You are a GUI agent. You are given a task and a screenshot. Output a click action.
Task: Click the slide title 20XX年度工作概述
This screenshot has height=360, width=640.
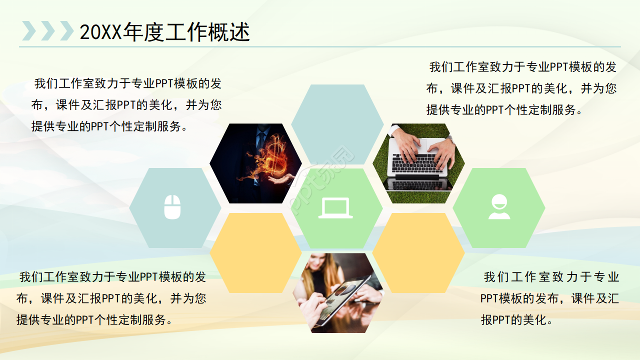(x=164, y=32)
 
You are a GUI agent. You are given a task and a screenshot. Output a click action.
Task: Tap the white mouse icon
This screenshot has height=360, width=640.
(x=172, y=207)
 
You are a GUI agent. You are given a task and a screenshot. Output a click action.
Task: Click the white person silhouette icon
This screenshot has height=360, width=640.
(x=499, y=207)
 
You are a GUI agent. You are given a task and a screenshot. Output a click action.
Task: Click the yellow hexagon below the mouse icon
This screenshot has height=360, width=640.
(x=255, y=252)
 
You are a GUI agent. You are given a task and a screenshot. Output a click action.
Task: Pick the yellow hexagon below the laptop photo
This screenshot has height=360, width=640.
(x=418, y=252)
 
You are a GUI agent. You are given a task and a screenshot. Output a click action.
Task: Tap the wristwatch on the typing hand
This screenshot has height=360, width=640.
(x=450, y=139)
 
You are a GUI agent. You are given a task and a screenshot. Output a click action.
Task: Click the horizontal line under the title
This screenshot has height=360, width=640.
(x=320, y=47)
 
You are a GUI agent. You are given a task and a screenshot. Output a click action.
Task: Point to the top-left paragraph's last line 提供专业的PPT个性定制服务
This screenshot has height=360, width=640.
(x=110, y=126)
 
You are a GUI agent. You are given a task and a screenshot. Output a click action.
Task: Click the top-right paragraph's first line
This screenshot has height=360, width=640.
(x=522, y=67)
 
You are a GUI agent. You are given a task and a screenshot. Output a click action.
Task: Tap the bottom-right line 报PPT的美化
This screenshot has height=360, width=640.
(x=517, y=320)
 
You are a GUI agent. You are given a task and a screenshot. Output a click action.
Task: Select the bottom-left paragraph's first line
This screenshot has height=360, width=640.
(x=112, y=276)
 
